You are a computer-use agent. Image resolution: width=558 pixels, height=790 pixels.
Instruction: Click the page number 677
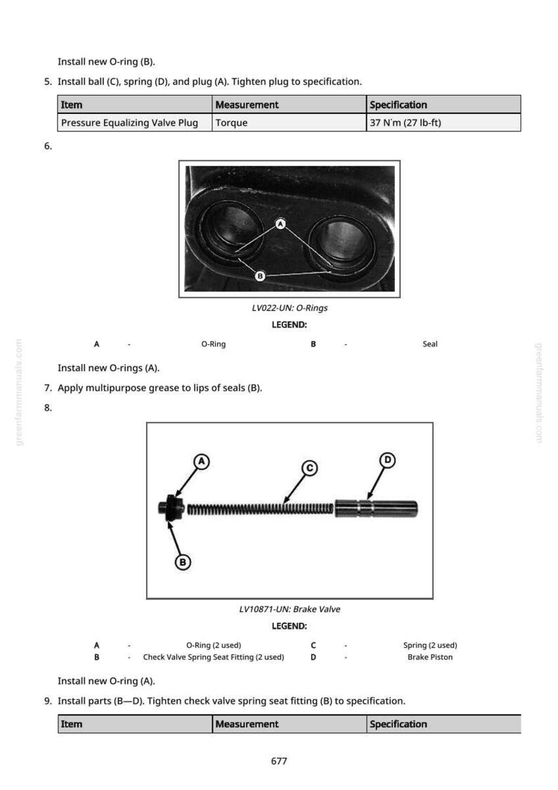[278, 760]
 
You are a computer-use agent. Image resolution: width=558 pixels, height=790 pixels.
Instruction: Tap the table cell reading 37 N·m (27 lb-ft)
[443, 122]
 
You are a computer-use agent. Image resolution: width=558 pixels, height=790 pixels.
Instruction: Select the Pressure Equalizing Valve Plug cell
[134, 122]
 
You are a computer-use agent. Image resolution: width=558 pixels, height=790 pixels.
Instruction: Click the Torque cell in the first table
[289, 122]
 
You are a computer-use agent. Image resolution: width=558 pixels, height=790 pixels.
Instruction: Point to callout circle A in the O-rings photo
[281, 224]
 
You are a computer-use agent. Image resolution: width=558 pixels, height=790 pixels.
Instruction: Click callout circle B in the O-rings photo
[260, 276]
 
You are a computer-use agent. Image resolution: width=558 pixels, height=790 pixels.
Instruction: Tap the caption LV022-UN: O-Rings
[290, 308]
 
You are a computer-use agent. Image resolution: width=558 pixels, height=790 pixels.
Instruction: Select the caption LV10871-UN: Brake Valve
[290, 609]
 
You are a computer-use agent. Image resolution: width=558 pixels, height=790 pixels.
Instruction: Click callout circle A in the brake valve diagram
[202, 462]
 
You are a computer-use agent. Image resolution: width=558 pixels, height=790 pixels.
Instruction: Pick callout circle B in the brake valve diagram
[183, 562]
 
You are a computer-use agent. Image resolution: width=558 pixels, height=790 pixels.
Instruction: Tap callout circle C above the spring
[310, 468]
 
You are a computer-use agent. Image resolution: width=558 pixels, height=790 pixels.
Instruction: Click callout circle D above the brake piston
[387, 460]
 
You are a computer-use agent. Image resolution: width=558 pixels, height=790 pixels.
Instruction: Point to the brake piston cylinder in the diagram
[376, 508]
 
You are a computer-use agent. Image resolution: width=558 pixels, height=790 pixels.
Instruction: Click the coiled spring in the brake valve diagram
[260, 509]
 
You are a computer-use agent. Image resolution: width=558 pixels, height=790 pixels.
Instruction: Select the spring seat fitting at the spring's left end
[171, 508]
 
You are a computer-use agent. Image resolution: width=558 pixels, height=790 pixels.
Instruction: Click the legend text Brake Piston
[430, 657]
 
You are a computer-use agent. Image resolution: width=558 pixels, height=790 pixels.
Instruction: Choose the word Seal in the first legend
[430, 344]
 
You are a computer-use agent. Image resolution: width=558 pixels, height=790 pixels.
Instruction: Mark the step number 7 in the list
[47, 388]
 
